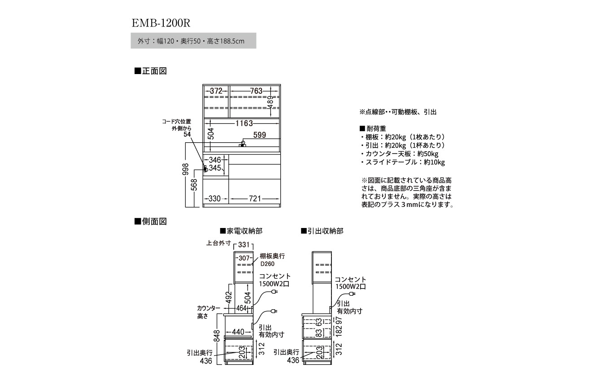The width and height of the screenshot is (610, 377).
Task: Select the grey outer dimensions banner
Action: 193,41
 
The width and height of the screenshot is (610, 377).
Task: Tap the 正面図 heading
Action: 151,71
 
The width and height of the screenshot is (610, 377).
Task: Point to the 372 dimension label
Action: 215,91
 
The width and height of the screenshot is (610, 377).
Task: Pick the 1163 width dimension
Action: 244,123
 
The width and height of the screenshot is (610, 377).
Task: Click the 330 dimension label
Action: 215,198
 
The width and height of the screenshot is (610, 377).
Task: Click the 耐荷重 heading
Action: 373,128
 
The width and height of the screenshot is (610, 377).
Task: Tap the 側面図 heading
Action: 151,222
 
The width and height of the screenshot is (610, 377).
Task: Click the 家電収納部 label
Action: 241,231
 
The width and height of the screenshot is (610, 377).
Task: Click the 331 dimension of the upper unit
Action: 244,245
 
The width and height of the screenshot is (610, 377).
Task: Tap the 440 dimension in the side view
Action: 238,332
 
